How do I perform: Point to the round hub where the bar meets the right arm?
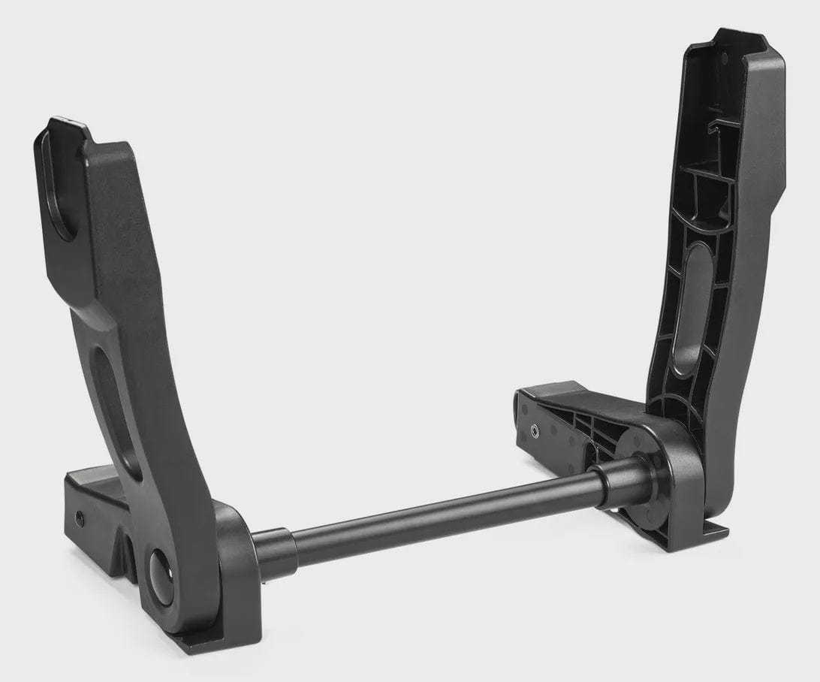[x=646, y=481]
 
